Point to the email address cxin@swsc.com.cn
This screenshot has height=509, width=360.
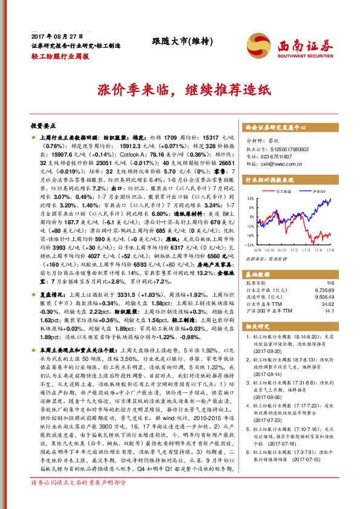[x=278, y=163]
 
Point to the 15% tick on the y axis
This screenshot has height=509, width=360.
[x=250, y=198]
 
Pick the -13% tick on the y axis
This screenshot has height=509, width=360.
[x=249, y=245]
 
